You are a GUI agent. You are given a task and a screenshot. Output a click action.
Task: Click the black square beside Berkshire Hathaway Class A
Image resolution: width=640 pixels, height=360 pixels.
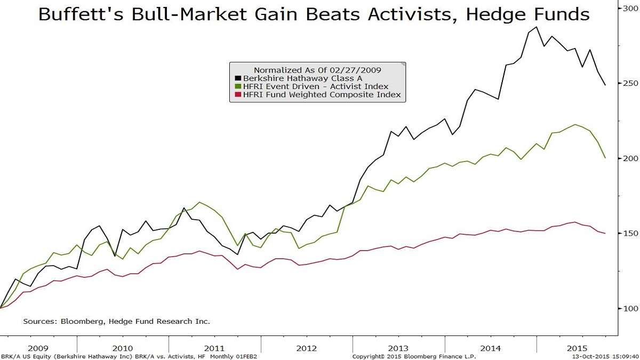238,78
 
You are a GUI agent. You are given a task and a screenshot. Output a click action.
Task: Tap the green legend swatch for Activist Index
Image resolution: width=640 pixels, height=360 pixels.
238,87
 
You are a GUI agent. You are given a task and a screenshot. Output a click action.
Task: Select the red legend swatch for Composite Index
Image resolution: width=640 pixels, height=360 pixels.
238,95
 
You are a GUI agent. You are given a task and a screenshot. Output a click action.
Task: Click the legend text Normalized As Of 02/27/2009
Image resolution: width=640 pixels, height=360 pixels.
317,70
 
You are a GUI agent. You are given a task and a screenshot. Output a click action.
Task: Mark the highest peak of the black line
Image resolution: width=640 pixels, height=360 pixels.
536,27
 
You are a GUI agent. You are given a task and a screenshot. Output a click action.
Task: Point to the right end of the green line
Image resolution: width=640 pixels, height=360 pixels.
605,158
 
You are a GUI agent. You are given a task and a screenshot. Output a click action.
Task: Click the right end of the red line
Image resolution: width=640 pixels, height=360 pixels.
605,234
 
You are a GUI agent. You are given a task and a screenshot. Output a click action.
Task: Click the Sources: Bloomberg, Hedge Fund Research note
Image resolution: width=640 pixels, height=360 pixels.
116,322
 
